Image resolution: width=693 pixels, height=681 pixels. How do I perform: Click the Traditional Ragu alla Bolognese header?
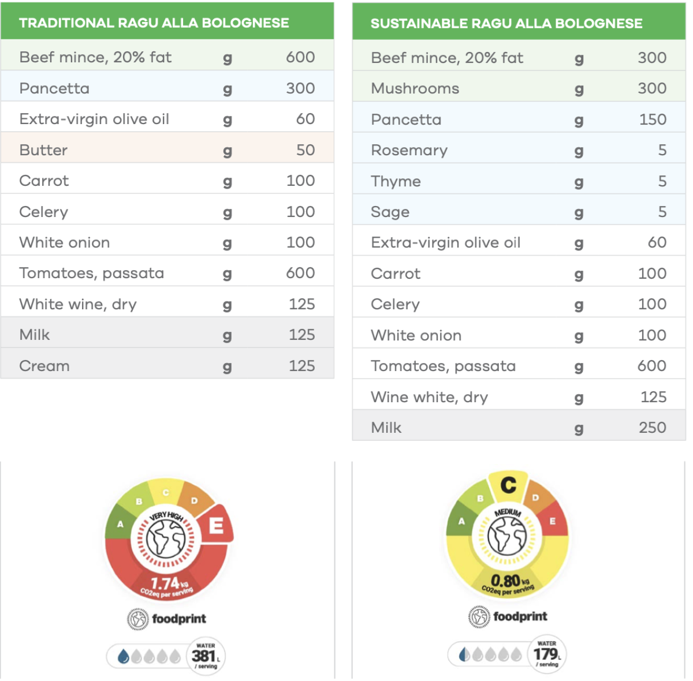coord(154,23)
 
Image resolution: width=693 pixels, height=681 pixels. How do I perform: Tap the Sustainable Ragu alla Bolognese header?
coord(506,24)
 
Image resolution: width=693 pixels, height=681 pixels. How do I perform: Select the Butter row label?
coord(43,150)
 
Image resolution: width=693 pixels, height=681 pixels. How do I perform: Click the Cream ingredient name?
coord(44,366)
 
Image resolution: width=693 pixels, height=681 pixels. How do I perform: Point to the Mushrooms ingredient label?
coord(415,88)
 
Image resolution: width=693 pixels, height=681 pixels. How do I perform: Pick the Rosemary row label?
coord(409,150)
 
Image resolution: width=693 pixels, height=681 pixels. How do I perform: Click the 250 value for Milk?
coord(653,428)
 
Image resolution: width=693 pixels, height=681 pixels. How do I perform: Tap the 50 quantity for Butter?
coord(305,150)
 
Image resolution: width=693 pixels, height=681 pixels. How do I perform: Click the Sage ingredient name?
coord(390,212)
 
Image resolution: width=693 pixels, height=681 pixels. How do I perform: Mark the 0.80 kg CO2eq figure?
coord(506,580)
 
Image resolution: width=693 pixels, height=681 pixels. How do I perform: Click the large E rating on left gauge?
coord(217,525)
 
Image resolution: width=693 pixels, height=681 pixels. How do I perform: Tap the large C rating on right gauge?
coord(508,485)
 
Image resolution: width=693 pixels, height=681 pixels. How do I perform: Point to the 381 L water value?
coord(204,656)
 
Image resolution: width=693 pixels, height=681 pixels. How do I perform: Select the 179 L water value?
coord(545,654)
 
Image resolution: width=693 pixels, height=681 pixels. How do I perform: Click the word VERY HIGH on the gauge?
coord(166,516)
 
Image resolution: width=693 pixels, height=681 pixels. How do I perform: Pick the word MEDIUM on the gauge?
coord(508,512)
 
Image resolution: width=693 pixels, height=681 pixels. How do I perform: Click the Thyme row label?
coord(396,181)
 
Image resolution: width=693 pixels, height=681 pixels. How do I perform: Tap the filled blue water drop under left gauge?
coord(123,656)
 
